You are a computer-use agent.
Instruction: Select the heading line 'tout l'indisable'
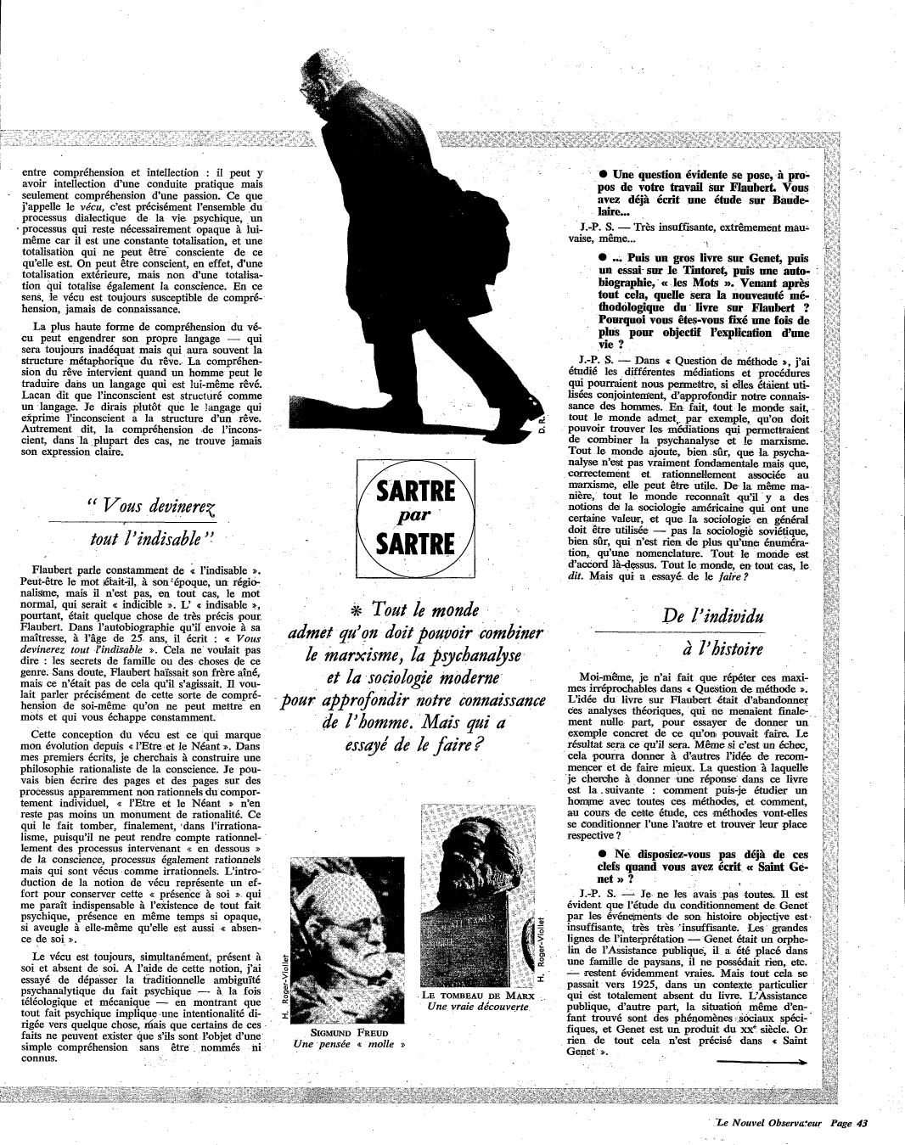click(152, 538)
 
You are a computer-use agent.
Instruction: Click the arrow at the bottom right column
click(762, 1062)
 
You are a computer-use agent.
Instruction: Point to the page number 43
click(861, 1123)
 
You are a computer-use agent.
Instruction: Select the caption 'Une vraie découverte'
click(478, 1007)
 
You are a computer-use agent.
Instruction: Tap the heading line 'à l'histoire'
click(711, 649)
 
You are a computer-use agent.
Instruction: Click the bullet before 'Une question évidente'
click(602, 175)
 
